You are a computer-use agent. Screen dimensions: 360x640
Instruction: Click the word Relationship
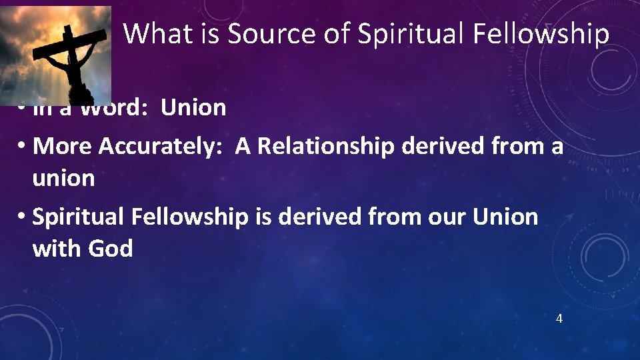326,146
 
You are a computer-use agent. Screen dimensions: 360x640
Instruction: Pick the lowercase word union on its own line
63,178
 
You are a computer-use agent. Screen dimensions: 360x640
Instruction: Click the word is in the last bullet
263,217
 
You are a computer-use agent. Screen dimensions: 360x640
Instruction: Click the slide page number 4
559,319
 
